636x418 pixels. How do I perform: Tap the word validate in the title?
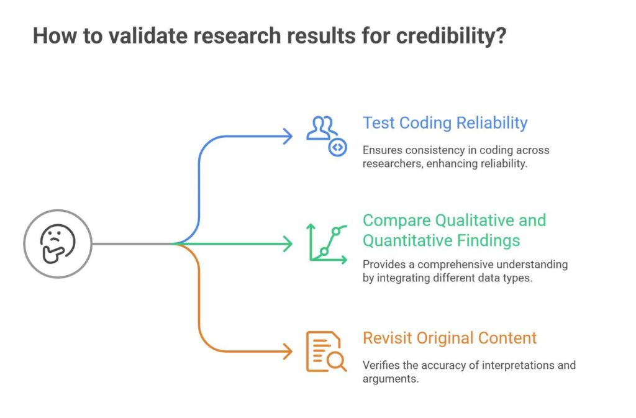147,35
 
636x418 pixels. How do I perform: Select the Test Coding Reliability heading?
445,123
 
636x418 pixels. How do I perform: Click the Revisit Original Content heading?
450,338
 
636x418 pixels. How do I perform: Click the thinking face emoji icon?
58,243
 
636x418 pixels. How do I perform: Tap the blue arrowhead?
288,136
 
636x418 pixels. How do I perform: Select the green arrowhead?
288,243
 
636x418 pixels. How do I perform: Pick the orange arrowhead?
288,351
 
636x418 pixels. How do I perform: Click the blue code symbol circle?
337,148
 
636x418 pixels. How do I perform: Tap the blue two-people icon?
321,128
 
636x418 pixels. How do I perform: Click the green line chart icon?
327,243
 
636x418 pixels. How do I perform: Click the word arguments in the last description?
391,379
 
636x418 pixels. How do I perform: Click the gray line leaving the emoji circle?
134,243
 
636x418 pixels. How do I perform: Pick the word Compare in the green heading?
397,220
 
